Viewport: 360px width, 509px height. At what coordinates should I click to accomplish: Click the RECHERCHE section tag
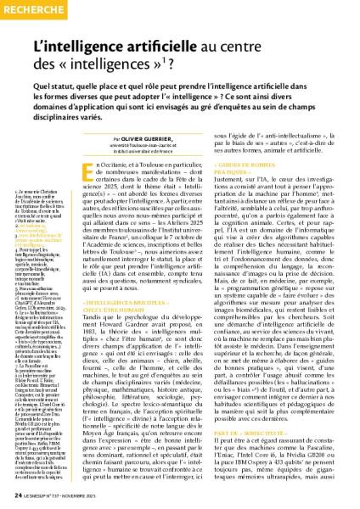point(33,8)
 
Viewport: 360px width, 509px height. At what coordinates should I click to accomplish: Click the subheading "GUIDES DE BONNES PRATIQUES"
point(269,171)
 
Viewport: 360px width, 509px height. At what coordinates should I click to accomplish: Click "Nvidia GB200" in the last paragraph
point(315,453)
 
